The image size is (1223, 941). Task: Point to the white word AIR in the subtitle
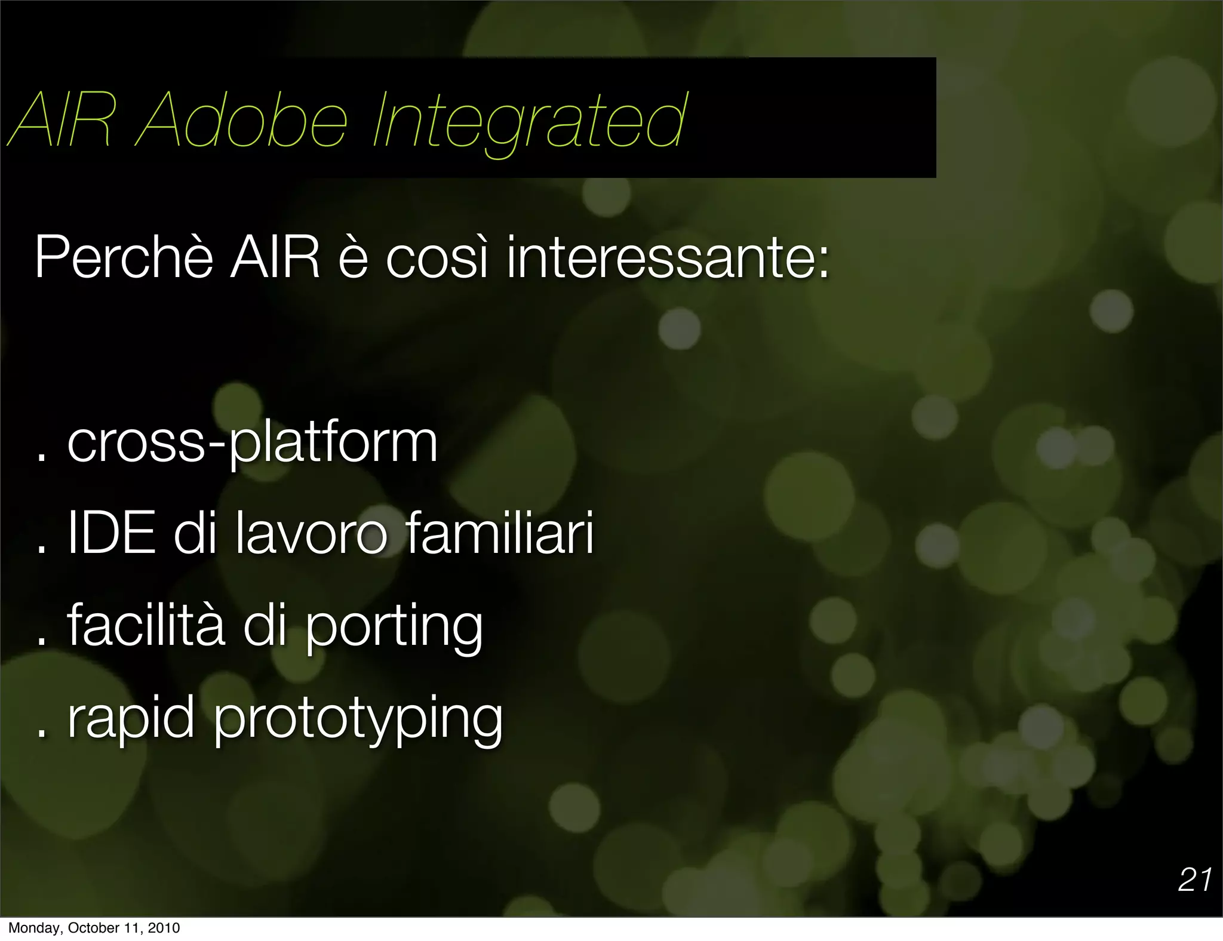(x=275, y=258)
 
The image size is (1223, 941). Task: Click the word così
(x=437, y=258)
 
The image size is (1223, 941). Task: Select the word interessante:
(x=668, y=258)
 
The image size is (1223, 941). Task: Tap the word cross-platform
(x=253, y=443)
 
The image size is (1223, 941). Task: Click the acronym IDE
(x=112, y=533)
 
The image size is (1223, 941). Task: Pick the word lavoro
(x=312, y=533)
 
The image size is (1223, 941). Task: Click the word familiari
(x=500, y=533)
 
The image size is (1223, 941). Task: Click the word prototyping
(x=358, y=721)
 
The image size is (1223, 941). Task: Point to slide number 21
(x=1194, y=880)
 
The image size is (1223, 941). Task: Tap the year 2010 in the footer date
(x=164, y=928)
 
